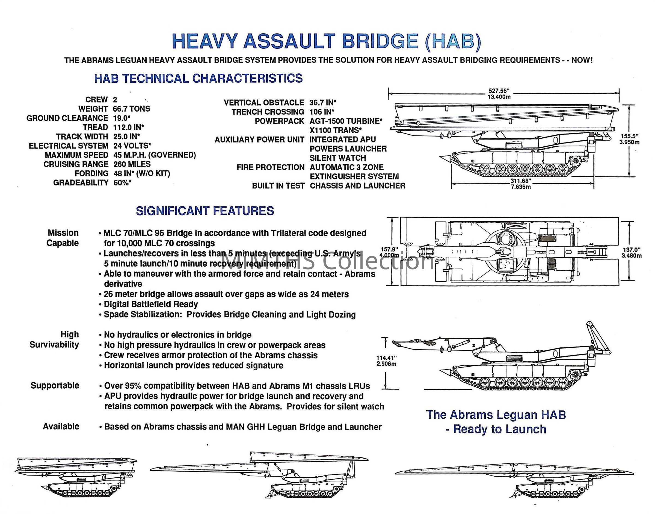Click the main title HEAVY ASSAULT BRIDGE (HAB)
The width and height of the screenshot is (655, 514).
(x=327, y=41)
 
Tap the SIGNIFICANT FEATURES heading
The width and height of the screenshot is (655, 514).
(x=205, y=211)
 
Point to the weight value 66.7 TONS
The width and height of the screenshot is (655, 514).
(x=132, y=109)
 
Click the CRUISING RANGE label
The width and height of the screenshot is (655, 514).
(x=76, y=164)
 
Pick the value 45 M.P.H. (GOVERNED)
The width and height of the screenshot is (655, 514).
(x=155, y=155)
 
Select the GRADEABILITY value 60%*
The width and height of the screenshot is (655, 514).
(x=122, y=183)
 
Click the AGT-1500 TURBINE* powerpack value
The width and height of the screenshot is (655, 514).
(x=346, y=121)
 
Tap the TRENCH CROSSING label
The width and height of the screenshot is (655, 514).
(x=268, y=112)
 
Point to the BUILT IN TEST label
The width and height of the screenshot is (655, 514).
(x=278, y=186)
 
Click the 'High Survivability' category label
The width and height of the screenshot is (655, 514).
(x=54, y=339)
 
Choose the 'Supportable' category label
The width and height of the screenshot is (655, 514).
(x=55, y=386)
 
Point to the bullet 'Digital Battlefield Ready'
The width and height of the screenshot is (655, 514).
(x=151, y=304)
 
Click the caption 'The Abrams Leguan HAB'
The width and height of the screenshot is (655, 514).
(x=496, y=415)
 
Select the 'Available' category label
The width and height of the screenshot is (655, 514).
(x=61, y=426)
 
